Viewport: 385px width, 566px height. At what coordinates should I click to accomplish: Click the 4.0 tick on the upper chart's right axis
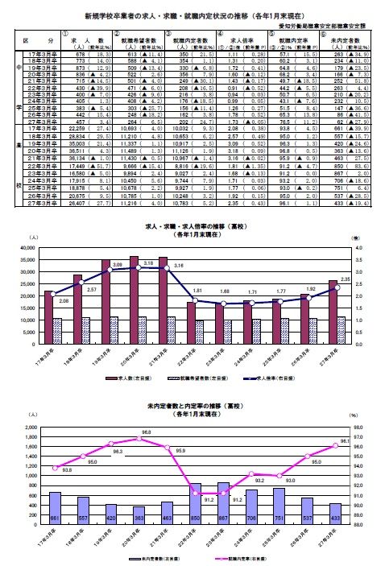coord(358,250)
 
